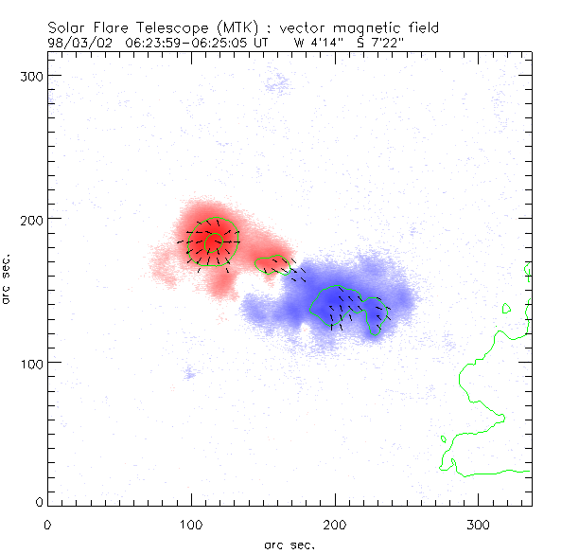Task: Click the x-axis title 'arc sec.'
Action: pos(289,544)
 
